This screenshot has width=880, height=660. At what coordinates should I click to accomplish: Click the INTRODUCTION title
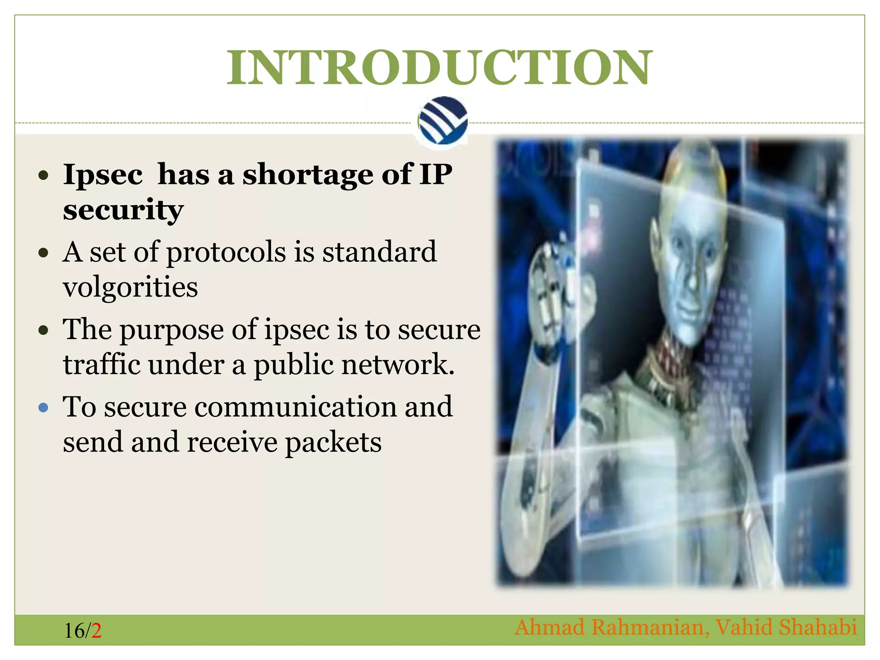coord(439,67)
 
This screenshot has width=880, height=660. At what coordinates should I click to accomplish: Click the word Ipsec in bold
coord(103,175)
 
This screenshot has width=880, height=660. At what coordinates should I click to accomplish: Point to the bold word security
coord(123,210)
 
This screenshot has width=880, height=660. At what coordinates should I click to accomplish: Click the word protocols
coord(226,252)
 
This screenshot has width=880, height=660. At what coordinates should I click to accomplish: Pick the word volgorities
coord(130,287)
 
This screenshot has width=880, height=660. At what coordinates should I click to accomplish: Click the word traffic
coord(101,364)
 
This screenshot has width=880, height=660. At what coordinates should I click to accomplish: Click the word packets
coord(333,442)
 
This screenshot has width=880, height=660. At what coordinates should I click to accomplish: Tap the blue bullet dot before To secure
coord(43,407)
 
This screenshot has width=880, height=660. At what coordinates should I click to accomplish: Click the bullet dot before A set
coord(43,253)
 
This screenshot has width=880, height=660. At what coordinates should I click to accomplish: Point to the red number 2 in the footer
coord(96,631)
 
